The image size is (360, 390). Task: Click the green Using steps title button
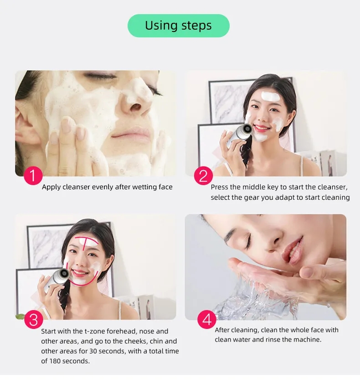(x=178, y=26)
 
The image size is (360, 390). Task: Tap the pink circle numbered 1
(x=33, y=176)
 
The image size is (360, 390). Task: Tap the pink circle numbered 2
(x=203, y=176)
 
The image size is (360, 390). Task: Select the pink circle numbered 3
(x=33, y=319)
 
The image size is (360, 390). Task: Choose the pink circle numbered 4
(x=206, y=319)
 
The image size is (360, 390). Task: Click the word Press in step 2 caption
(x=220, y=187)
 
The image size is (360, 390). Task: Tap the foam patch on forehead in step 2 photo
(x=270, y=96)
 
